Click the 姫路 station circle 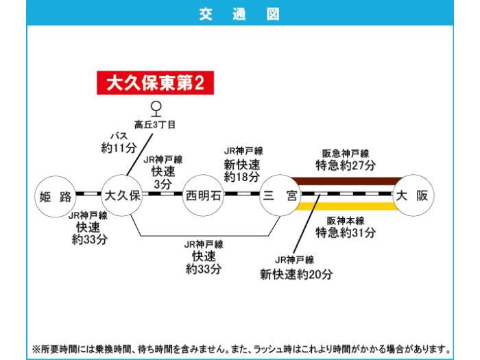click(56, 196)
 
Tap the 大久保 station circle click(121, 196)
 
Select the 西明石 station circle click(204, 196)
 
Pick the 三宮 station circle click(280, 196)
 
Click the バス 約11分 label click(119, 143)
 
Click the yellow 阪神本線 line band click(346, 206)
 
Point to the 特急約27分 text click(346, 166)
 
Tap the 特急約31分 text click(346, 233)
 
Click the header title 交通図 click(239, 13)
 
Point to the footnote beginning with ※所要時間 click(240, 347)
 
